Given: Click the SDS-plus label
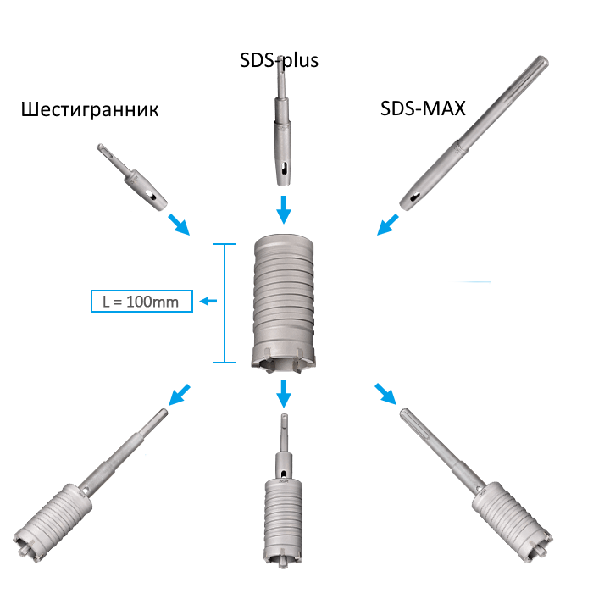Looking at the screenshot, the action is [x=279, y=60].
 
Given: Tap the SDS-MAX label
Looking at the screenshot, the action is [x=423, y=108].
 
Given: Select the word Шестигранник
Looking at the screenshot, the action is [x=90, y=109].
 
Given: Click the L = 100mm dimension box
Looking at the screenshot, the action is [x=141, y=301].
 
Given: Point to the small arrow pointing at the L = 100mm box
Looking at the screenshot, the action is [x=208, y=301].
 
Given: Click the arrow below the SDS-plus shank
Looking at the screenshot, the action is [x=284, y=209].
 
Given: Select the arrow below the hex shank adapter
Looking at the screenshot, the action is [x=179, y=225].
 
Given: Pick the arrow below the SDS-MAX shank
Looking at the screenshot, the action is [x=388, y=225].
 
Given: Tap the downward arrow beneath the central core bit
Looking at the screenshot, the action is [x=284, y=393].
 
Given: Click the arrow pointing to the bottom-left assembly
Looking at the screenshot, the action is [x=180, y=395].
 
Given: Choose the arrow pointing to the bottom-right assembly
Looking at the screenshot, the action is [x=385, y=394].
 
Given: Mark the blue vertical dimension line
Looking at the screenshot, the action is [x=225, y=303].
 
